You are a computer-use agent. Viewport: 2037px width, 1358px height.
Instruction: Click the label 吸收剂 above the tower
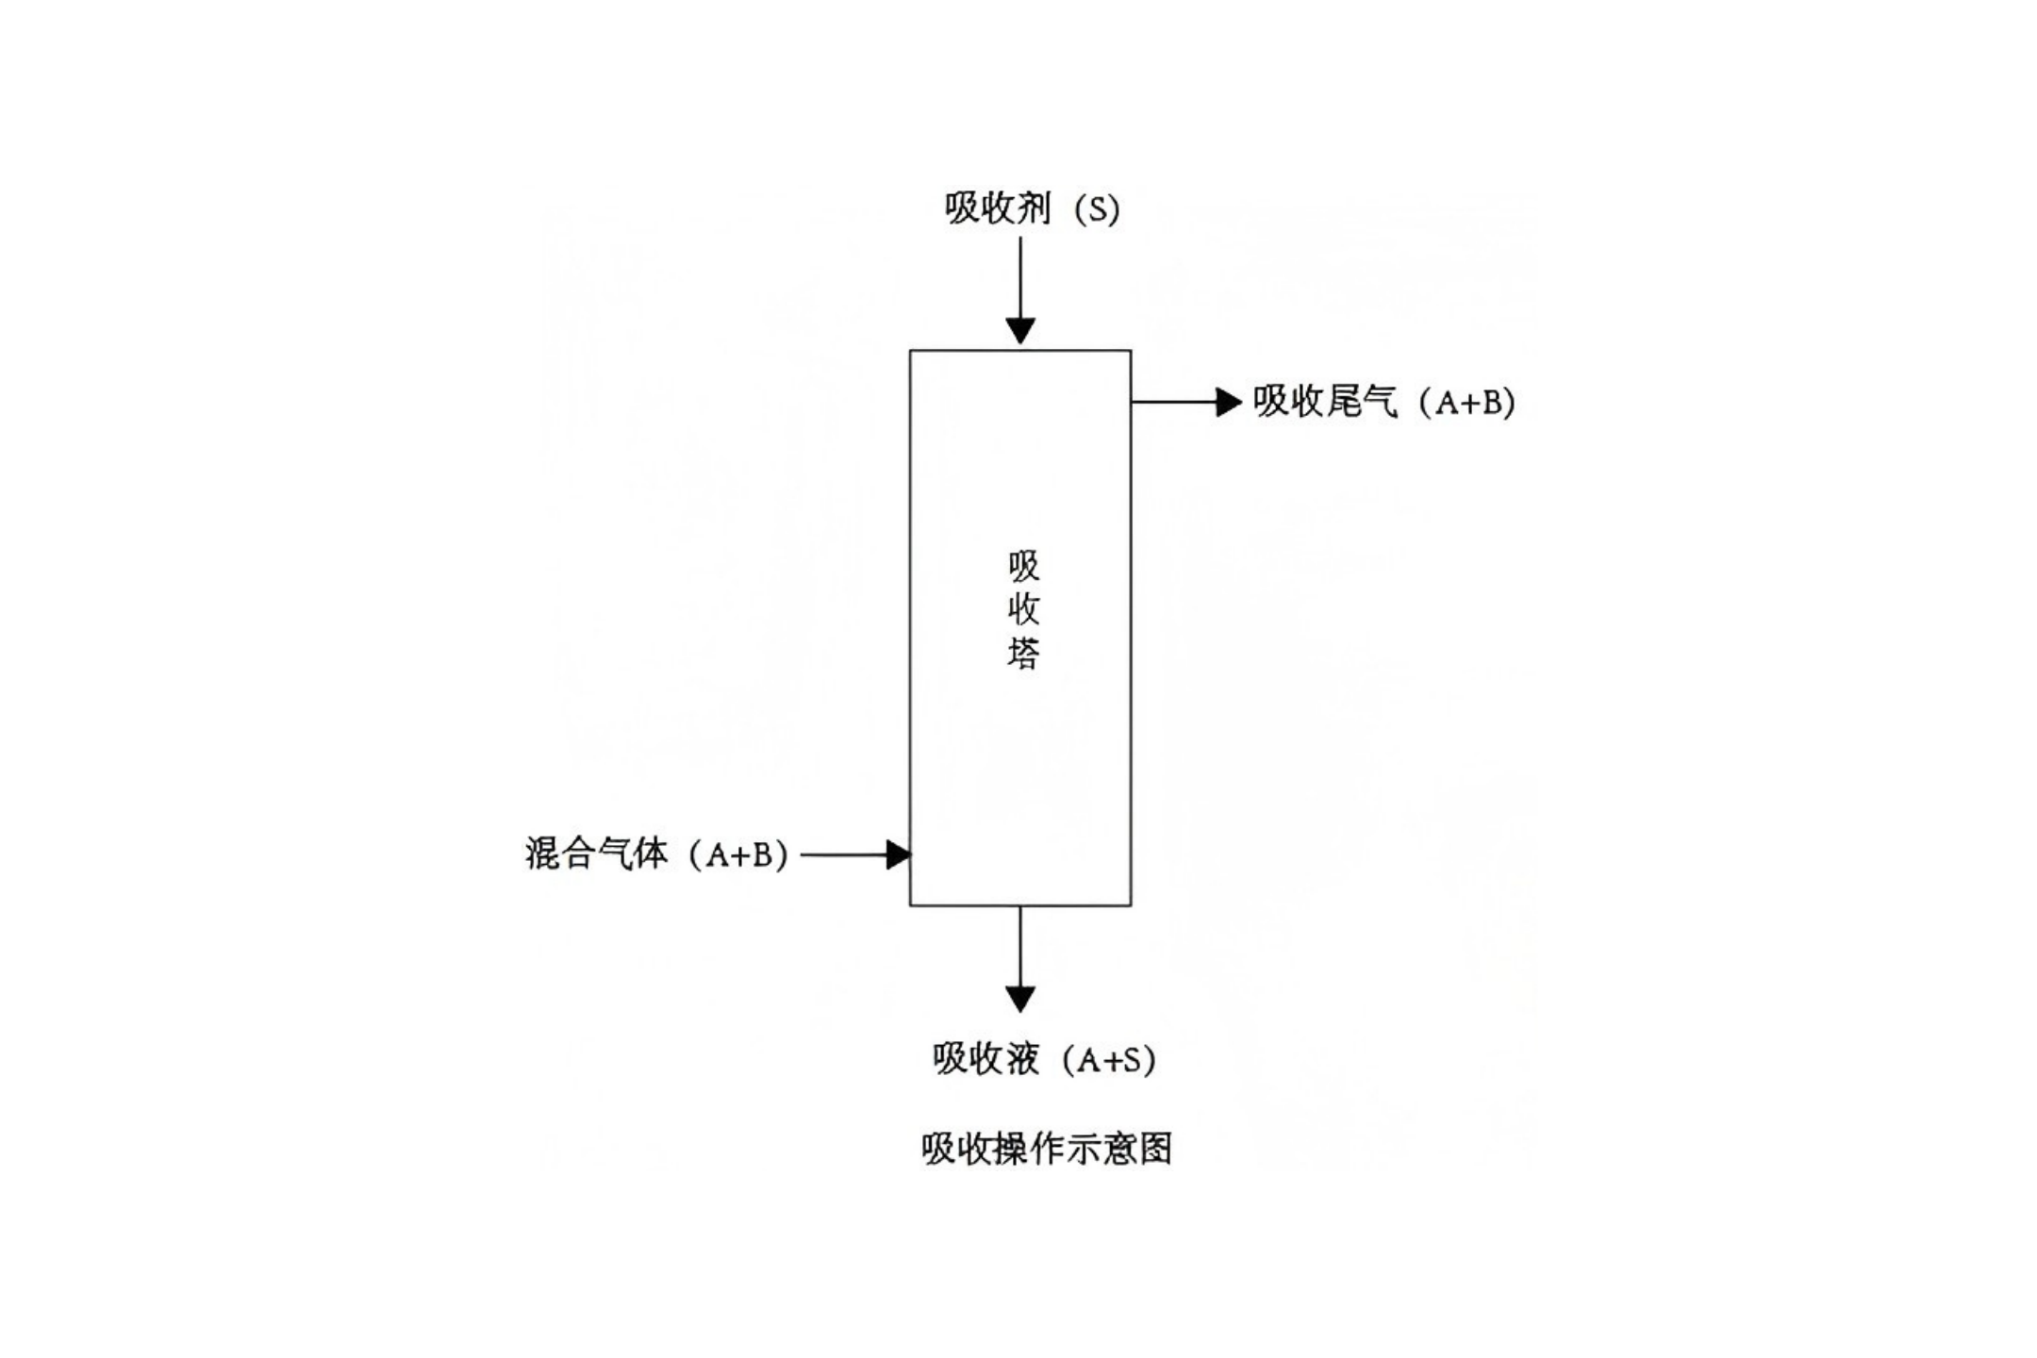[x=998, y=208]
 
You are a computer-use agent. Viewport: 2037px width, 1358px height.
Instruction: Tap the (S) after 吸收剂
[x=1097, y=209]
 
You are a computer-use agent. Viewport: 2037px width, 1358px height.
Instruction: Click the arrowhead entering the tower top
[x=1020, y=331]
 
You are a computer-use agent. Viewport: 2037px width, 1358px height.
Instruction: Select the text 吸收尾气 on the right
[x=1325, y=402]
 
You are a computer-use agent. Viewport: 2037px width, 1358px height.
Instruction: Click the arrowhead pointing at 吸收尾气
[x=1228, y=402]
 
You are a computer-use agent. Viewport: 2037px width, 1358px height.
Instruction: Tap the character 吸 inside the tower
[x=1023, y=567]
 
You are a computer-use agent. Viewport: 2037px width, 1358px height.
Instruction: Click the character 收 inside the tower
[x=1023, y=609]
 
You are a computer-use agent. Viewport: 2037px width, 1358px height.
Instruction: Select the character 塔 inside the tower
[x=1023, y=653]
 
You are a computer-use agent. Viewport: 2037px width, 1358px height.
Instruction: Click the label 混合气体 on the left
[x=596, y=854]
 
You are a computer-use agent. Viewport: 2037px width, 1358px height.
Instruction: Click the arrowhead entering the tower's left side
[x=899, y=854]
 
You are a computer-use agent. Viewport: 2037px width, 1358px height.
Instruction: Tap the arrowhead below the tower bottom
[x=1020, y=998]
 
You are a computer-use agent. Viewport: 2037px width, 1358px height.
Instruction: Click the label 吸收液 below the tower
[x=985, y=1059]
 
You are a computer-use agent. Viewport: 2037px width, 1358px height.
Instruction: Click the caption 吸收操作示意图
[x=1047, y=1149]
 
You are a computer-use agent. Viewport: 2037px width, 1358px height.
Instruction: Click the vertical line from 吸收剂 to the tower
[x=1020, y=278]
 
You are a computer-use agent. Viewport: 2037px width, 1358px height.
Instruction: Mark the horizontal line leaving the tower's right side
[x=1174, y=402]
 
